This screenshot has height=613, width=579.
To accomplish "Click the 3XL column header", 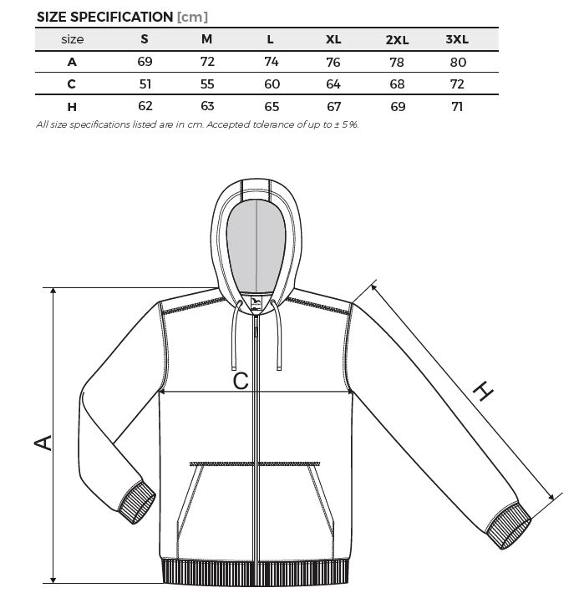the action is [x=457, y=39].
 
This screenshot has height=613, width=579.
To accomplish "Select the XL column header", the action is [x=333, y=39].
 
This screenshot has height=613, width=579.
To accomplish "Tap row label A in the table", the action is [x=72, y=62].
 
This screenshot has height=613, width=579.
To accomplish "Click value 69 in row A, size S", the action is [x=145, y=61].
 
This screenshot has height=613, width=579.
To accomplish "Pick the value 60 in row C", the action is [x=272, y=84].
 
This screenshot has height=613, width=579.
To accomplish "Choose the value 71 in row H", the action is [x=457, y=106].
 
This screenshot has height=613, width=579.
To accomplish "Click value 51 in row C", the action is [x=145, y=84].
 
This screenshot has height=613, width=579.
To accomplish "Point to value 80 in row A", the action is [x=458, y=62].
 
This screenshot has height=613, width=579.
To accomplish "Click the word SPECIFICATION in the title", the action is [x=122, y=17].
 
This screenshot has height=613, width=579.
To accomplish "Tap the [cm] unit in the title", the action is [x=192, y=17].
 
